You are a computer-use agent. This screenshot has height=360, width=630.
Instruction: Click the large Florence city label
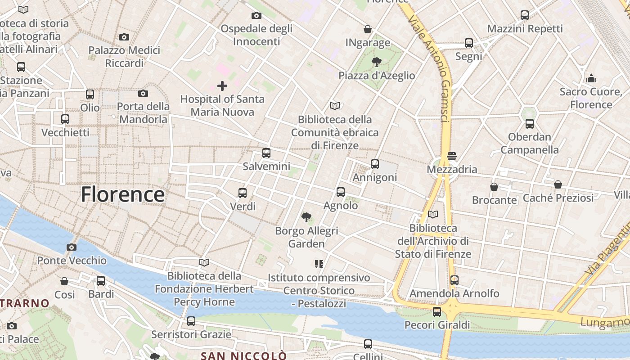pos(122,194)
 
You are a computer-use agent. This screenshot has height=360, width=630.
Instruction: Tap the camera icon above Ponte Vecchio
pos(71,247)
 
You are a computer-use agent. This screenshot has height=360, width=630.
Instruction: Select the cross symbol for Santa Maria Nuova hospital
pos(222,85)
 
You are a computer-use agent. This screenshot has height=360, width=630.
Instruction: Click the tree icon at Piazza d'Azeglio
pos(376,62)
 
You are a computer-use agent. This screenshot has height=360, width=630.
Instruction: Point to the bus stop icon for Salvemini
pos(266,153)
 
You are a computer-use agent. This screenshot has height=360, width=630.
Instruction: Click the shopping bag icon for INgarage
pos(368,29)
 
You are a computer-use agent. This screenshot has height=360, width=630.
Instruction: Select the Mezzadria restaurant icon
pos(452,156)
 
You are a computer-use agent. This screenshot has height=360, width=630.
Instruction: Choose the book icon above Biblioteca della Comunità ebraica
pos(335,106)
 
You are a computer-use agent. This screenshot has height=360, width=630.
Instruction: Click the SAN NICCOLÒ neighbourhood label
pos(243,355)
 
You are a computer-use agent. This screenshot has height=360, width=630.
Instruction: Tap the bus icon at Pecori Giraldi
pos(437,311)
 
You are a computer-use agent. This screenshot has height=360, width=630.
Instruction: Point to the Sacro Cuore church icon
pos(591,78)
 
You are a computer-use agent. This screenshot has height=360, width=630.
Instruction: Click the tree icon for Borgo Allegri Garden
pos(306,217)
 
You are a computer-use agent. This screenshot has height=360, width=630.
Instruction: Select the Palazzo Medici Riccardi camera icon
pos(124,37)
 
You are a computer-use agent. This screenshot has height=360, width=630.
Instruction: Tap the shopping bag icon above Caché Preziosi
pos(558,184)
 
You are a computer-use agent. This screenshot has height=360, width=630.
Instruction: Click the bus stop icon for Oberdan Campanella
pos(530,123)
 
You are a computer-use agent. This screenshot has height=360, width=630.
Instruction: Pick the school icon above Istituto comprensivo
pos(319,264)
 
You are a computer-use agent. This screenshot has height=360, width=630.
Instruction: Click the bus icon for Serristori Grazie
pos(191,321)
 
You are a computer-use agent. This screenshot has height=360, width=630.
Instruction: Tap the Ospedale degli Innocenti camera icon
pos(256,15)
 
